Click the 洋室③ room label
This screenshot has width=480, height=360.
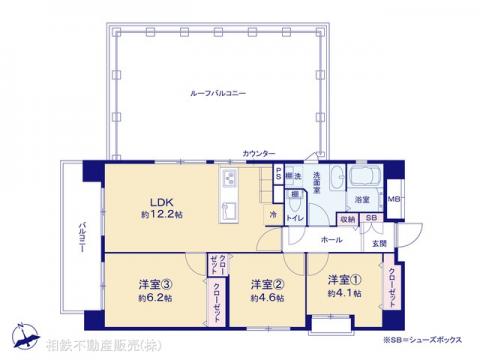click(152, 283)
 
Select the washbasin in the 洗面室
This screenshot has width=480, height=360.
click(336, 173)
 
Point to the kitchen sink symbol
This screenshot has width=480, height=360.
click(229, 209)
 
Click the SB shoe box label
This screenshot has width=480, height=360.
click(370, 218)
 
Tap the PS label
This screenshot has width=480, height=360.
click(278, 175)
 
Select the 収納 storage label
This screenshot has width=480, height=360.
click(346, 218)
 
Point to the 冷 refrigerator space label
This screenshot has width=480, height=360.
click(272, 214)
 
